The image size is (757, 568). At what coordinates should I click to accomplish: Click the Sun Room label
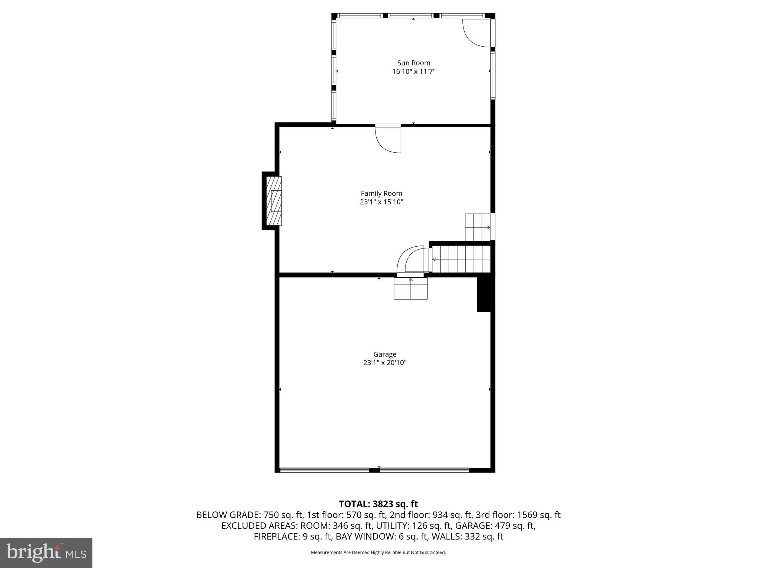(414, 63)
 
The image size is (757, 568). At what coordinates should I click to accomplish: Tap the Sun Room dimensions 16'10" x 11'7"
(414, 71)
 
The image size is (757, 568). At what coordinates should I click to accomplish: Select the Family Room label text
(381, 193)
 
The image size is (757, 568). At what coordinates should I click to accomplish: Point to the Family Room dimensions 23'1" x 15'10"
(381, 202)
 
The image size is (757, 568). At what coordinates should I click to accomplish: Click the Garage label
(384, 354)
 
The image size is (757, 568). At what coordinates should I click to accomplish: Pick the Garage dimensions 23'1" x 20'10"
(384, 363)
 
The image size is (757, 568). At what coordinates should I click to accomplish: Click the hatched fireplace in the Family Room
(274, 201)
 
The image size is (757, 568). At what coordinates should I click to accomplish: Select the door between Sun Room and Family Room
(388, 139)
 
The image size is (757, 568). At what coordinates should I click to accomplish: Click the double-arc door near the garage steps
(412, 261)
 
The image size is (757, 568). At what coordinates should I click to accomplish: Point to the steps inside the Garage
(411, 288)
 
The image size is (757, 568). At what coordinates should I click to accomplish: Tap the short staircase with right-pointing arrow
(478, 227)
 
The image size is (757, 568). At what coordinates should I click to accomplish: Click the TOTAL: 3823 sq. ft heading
(378, 504)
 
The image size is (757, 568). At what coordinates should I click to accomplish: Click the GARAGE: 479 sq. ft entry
(495, 525)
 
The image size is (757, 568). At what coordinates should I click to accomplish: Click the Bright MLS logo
(46, 553)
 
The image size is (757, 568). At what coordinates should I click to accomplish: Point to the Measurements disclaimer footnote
(378, 552)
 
